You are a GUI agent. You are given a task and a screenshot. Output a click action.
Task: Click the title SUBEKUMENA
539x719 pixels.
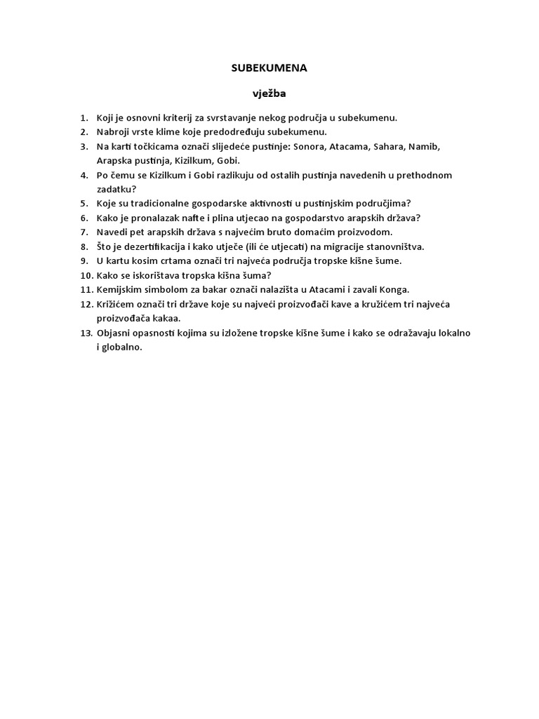click(x=269, y=68)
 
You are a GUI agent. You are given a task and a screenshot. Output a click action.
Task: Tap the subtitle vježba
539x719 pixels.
click(x=269, y=93)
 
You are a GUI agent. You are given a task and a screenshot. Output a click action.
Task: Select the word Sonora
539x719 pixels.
click(x=309, y=146)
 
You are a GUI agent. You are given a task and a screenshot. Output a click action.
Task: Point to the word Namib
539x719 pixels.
click(x=423, y=146)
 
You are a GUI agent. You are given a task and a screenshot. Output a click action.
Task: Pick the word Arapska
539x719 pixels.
click(x=113, y=160)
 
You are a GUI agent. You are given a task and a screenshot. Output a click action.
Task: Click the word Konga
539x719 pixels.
click(x=394, y=289)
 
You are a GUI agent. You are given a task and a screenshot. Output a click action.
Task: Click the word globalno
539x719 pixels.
click(x=122, y=346)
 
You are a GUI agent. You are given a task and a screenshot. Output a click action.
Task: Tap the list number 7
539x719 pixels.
click(x=84, y=232)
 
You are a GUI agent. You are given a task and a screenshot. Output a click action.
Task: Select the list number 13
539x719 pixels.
click(x=84, y=332)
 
